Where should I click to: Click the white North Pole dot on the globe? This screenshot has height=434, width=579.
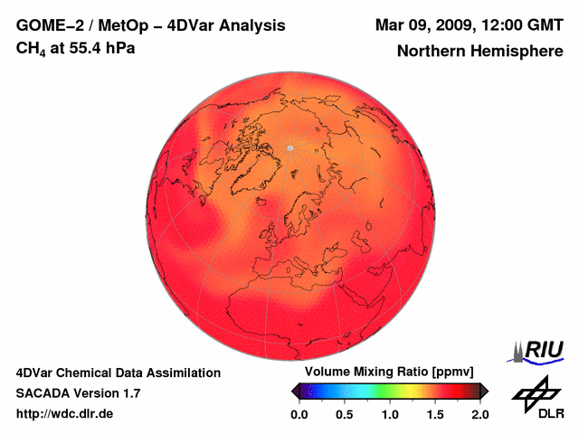[290, 146]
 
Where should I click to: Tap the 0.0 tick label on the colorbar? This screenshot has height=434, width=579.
[299, 414]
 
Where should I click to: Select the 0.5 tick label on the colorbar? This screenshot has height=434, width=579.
[344, 414]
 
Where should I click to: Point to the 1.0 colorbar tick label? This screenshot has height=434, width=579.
[390, 414]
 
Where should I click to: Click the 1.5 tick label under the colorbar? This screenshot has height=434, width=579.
[435, 414]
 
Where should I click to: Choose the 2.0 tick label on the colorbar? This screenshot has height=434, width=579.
[479, 414]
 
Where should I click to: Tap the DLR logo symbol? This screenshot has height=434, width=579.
[534, 392]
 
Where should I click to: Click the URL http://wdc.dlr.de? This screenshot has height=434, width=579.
[65, 414]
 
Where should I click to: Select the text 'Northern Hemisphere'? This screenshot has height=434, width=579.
[479, 52]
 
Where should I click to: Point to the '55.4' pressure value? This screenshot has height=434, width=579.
[88, 47]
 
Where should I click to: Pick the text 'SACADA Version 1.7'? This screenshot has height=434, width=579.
[78, 393]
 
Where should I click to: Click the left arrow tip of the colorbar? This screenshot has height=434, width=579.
[293, 391]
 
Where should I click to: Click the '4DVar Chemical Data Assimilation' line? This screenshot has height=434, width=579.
[118, 373]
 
